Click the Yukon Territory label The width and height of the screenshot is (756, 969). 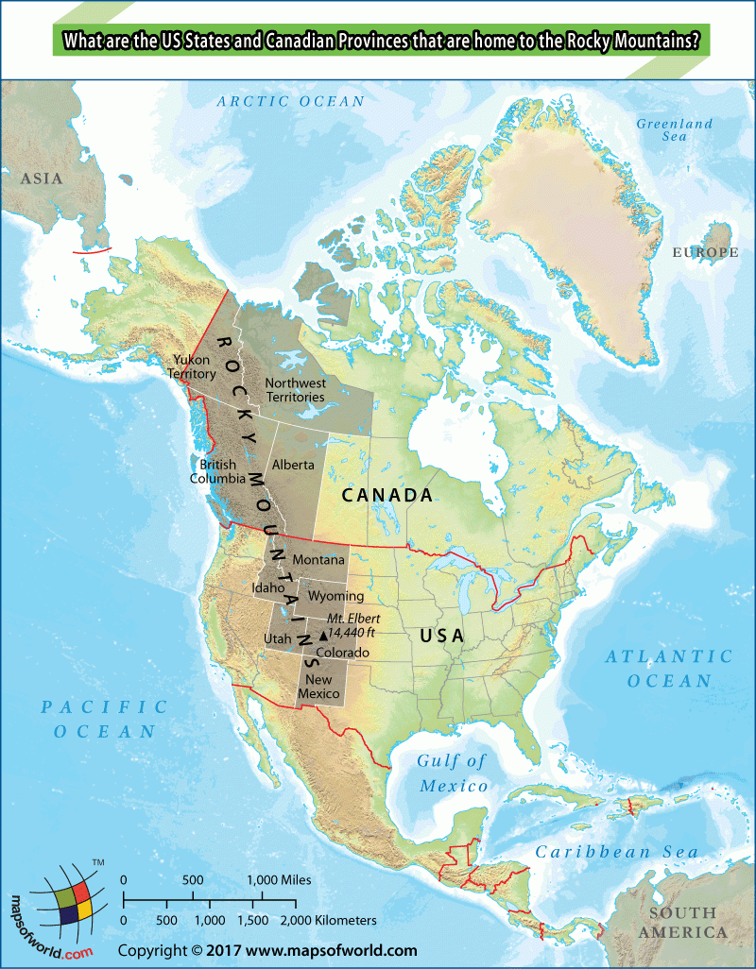193,366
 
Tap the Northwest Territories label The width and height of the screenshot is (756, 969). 295,390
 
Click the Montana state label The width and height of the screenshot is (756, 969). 318,560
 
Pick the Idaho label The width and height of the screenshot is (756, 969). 268,587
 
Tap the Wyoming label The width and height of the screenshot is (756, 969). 335,596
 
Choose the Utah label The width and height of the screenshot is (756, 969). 278,639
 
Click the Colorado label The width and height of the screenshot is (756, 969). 342,653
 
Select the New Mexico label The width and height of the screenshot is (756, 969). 318,687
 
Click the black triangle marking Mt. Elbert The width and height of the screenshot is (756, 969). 322,636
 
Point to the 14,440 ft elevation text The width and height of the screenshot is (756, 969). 352,634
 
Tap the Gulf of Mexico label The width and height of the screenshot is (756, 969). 454,773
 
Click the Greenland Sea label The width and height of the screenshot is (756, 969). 674,130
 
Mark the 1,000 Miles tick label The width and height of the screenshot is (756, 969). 279,880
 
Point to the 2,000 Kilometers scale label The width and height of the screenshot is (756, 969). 335,920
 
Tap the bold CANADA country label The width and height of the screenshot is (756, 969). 387,495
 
